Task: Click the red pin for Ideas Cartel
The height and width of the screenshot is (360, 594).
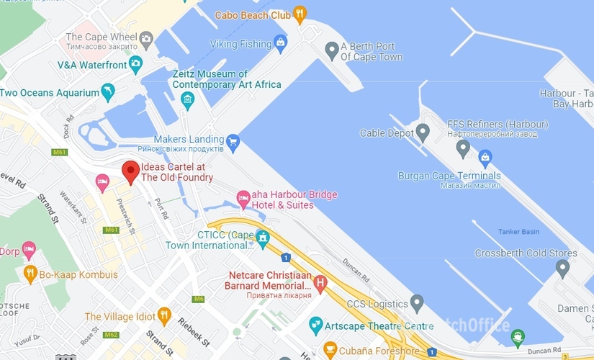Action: pyautogui.click(x=130, y=171)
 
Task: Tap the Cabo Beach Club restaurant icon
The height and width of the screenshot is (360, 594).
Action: pyautogui.click(x=300, y=14)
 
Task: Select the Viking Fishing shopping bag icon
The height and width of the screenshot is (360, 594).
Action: pyautogui.click(x=281, y=44)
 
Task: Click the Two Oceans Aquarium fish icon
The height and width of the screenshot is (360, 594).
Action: pyautogui.click(x=108, y=92)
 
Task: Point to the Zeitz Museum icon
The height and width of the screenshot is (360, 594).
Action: pyautogui.click(x=188, y=99)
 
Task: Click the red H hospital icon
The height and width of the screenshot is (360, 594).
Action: pyautogui.click(x=320, y=282)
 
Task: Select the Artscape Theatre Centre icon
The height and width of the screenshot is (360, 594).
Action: pyautogui.click(x=315, y=326)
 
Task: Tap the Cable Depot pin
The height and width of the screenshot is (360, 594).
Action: pyautogui.click(x=423, y=132)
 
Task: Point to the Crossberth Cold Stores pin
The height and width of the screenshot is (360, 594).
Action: pyautogui.click(x=562, y=269)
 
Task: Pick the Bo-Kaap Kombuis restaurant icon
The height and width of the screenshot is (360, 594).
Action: pyautogui.click(x=30, y=274)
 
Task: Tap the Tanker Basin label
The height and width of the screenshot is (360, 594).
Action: pyautogui.click(x=518, y=232)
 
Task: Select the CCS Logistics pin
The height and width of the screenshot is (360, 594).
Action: pyautogui.click(x=417, y=303)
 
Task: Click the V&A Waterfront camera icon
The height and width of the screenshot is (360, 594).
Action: pyautogui.click(x=135, y=64)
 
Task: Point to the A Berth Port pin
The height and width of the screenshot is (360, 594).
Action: pyautogui.click(x=332, y=50)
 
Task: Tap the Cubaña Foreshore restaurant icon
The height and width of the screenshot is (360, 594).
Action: pyautogui.click(x=330, y=351)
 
